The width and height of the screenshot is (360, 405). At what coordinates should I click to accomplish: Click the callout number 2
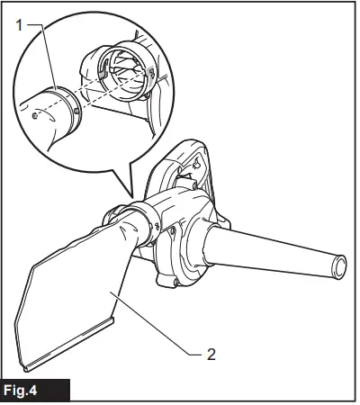211,354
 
